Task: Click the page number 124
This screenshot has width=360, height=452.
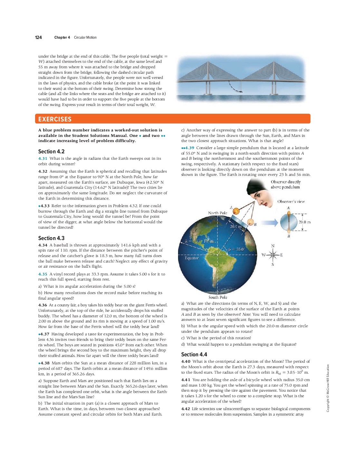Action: coord(38,37)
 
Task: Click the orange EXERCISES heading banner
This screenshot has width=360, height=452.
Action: coord(173,119)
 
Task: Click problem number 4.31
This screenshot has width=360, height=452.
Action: coord(43,159)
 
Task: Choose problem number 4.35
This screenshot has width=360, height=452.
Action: coord(43,274)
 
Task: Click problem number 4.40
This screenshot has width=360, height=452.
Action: coord(186,361)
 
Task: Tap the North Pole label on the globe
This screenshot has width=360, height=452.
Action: coord(217,213)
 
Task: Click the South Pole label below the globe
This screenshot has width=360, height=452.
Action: coord(218,297)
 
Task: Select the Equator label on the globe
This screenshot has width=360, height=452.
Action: coord(192,258)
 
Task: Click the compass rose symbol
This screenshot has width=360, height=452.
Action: coord(273,255)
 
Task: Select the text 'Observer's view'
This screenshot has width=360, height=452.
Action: coord(291,201)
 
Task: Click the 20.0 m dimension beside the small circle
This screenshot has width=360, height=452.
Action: coord(304,222)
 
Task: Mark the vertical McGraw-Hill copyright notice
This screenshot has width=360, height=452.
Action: coord(328,388)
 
